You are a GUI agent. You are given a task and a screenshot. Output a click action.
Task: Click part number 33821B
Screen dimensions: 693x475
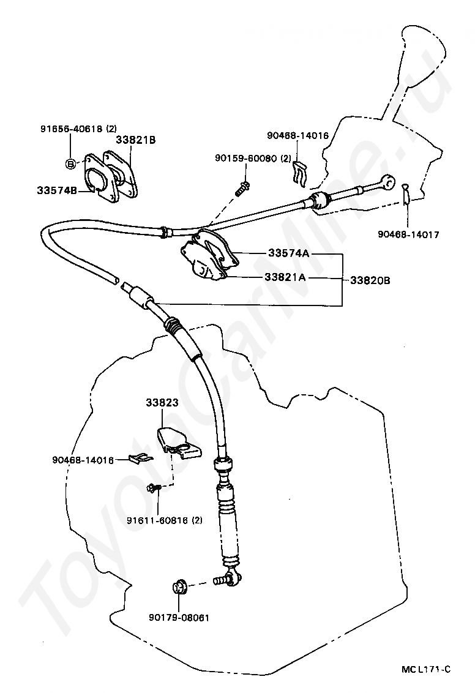pos(135,140)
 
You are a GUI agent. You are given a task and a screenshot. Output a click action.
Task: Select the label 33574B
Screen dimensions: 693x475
pos(56,190)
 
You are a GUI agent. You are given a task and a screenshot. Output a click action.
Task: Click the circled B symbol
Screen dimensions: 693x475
pos(70,163)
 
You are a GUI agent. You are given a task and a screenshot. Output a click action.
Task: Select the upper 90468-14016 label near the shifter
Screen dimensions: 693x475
pos(297,135)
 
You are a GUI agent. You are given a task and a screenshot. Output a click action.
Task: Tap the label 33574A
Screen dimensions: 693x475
pos(288,253)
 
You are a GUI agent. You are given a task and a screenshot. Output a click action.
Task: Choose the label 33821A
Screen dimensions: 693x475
pos(285,277)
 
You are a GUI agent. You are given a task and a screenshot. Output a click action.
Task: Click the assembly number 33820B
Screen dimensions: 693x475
pos(370,280)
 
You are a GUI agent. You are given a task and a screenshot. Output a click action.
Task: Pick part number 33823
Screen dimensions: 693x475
pos(162,403)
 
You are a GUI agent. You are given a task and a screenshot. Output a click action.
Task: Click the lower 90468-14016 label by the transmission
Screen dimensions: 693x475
pos(83,459)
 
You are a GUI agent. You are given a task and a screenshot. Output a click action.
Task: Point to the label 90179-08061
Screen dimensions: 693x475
pos(178,617)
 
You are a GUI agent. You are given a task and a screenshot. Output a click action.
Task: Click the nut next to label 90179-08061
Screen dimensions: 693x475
pos(179,587)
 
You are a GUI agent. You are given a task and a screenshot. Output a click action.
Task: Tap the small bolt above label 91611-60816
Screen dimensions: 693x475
pos(152,488)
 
